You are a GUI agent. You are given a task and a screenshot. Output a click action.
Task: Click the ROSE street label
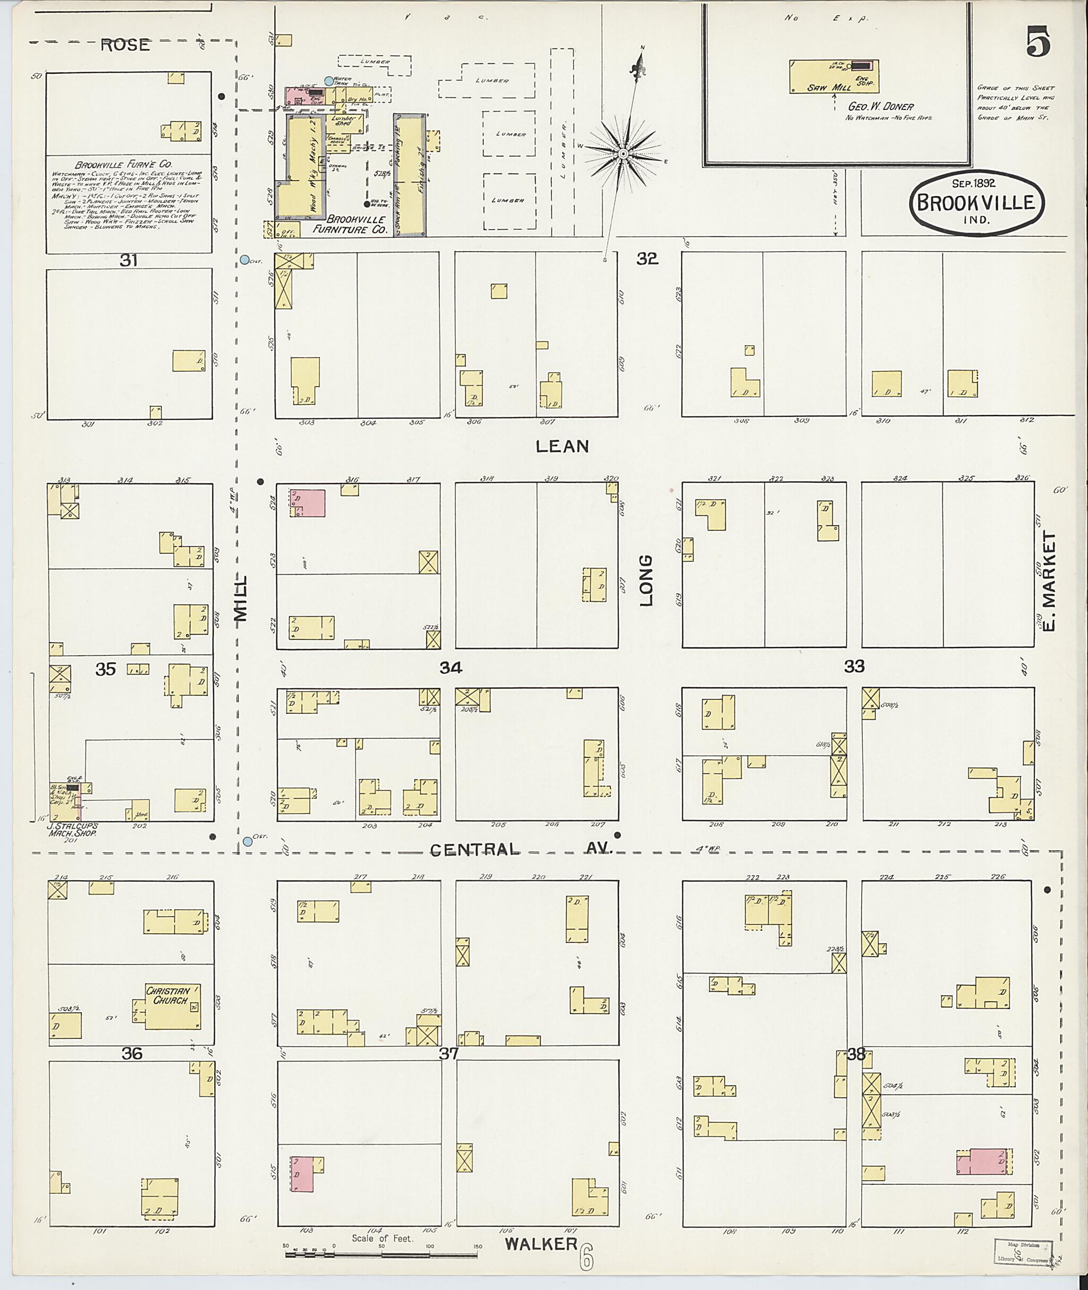pyautogui.click(x=125, y=45)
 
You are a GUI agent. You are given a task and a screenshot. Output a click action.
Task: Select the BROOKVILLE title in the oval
pyautogui.click(x=977, y=203)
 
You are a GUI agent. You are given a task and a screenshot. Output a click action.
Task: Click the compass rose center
pyautogui.click(x=623, y=153)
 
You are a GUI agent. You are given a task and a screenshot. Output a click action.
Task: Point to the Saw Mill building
pyautogui.click(x=834, y=76)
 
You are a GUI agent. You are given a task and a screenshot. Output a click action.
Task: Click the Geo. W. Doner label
pyautogui.click(x=881, y=106)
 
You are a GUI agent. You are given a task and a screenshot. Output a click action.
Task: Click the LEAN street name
pyautogui.click(x=562, y=446)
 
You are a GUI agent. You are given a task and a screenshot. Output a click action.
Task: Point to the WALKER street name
pyautogui.click(x=541, y=1244)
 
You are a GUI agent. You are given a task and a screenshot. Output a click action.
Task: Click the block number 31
pyautogui.click(x=128, y=261)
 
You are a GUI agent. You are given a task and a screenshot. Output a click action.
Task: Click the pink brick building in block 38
pyautogui.click(x=984, y=1163)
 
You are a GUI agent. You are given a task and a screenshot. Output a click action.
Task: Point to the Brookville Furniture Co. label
pyautogui.click(x=356, y=224)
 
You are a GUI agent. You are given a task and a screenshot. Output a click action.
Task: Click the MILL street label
pyautogui.click(x=241, y=598)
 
